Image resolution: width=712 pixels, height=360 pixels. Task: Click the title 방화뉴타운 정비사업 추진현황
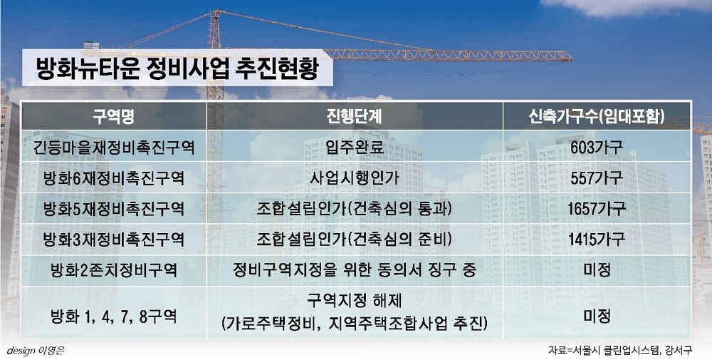coord(177,68)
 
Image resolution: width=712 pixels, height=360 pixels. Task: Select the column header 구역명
coord(113,117)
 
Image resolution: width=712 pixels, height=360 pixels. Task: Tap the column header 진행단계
coord(354,117)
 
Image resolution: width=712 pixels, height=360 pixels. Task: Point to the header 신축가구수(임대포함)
coord(597,117)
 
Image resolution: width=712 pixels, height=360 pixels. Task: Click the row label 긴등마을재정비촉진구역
coord(113,148)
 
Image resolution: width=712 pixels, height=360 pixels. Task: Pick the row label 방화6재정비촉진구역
coord(113,178)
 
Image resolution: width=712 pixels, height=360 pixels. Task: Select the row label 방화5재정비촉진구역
coord(113,209)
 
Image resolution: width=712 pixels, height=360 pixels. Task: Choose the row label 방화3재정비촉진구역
coord(113,239)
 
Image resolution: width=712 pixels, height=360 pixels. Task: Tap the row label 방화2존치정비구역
coord(113,270)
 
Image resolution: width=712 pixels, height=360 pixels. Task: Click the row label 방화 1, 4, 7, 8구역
coord(113,316)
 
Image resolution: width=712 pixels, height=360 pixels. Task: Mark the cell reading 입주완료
coord(354,148)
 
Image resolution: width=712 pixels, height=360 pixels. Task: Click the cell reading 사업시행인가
coord(354,178)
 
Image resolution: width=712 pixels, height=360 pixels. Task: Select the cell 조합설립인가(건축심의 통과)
coord(354,209)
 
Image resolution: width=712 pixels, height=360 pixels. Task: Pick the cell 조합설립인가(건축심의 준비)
coord(354,239)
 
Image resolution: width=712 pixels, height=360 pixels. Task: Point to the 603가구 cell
coord(597,148)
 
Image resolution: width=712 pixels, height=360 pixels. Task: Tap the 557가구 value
coord(597,178)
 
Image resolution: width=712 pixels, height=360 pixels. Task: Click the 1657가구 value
coord(597,209)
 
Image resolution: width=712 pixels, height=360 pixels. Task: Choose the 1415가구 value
coord(597,239)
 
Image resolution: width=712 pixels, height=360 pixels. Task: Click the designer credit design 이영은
coord(36,351)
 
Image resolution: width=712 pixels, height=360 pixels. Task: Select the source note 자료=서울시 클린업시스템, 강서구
coord(620,351)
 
